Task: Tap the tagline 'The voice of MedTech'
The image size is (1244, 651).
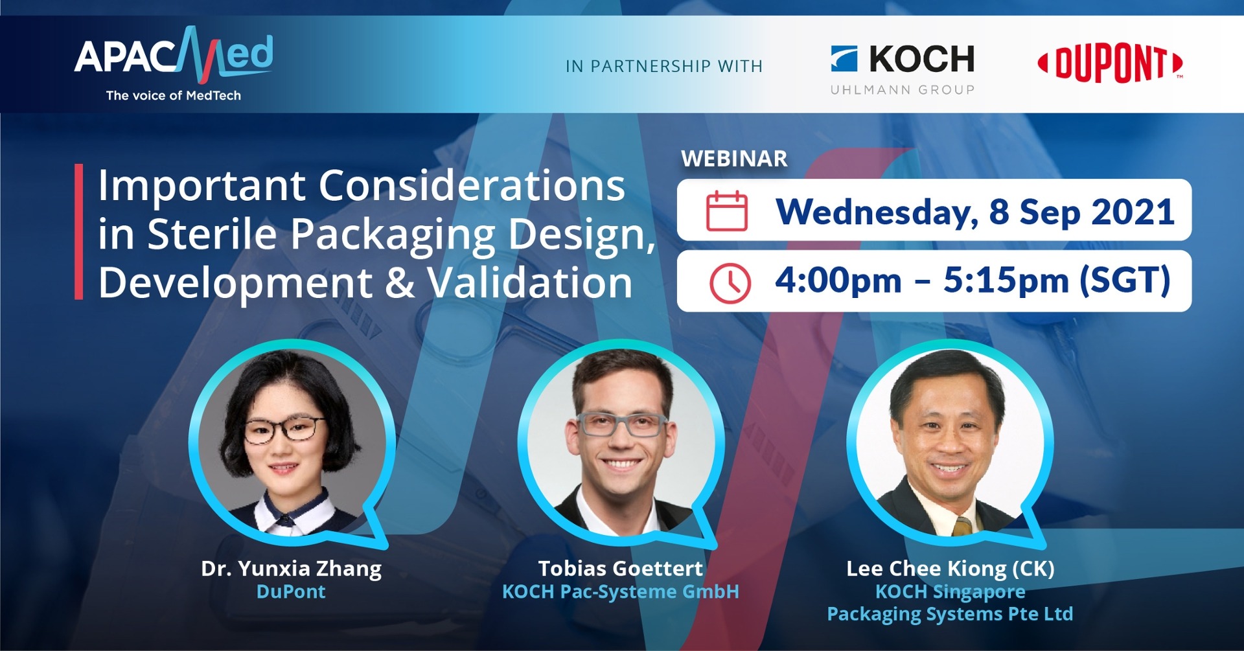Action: coord(174,95)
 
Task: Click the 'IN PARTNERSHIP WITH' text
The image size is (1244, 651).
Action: coord(664,66)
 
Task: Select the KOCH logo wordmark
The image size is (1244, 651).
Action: coord(921,59)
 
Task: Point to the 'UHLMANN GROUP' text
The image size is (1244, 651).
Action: coord(903,90)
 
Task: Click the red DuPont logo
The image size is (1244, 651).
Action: coord(1111,63)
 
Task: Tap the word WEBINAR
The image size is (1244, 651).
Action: coord(734,159)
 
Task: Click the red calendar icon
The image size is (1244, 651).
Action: coord(726,211)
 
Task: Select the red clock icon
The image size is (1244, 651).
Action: coord(730,283)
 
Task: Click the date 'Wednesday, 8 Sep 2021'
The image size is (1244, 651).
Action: coord(975,212)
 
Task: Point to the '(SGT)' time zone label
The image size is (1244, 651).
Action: coord(1125,280)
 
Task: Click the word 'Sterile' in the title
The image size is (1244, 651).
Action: coord(213,234)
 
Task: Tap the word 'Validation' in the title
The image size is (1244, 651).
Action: coord(529,283)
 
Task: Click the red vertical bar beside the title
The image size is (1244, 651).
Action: coord(79,231)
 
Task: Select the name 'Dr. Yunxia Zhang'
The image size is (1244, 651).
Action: coord(291,568)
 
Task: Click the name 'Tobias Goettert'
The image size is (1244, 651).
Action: coord(620,568)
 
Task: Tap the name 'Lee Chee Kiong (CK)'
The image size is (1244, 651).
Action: coord(950,568)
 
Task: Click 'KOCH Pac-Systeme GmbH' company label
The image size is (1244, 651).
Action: coord(620,591)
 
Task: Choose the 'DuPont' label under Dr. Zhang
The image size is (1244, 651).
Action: coord(291,591)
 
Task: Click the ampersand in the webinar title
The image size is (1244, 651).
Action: coord(400,283)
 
